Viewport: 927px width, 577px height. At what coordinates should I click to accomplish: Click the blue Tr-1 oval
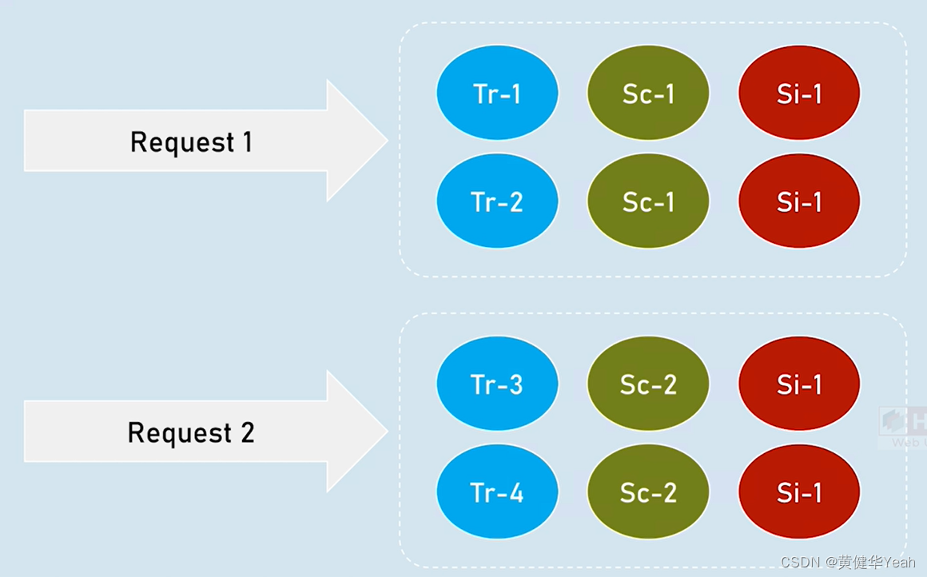tap(497, 94)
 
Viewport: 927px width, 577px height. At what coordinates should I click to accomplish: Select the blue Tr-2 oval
tap(497, 201)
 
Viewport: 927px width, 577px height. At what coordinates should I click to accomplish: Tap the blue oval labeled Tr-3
tap(497, 384)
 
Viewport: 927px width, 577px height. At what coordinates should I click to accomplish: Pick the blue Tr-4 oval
tap(497, 492)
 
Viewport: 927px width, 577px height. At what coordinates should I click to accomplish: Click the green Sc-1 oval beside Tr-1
tap(648, 94)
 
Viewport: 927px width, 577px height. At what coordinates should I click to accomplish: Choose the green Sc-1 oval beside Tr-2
tap(648, 201)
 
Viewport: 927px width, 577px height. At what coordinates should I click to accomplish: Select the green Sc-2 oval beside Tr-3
tap(648, 384)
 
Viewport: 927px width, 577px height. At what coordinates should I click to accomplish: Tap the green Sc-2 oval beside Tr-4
tap(648, 492)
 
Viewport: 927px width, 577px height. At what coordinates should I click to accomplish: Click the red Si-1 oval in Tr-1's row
tap(799, 94)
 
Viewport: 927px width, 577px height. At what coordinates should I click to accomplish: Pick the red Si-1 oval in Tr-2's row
tap(799, 201)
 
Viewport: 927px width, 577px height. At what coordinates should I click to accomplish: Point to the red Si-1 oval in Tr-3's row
tap(799, 384)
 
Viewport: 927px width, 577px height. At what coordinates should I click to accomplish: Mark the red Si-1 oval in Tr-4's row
tap(799, 492)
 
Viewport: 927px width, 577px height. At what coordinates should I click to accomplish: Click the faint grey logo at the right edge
tap(903, 428)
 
